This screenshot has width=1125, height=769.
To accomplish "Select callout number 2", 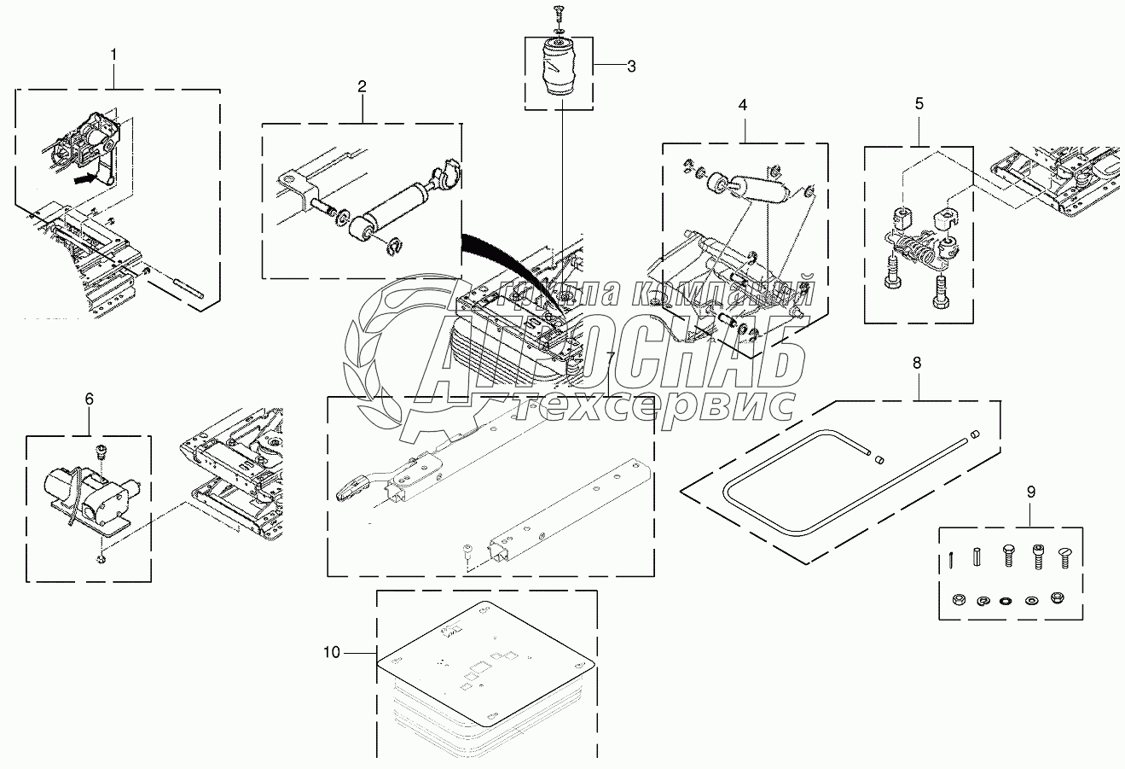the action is coord(362,86).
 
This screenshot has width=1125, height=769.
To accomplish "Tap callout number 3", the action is coord(631,67).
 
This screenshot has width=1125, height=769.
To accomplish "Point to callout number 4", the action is coord(743,105).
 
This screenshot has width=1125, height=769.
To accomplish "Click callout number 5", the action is coord(919,104).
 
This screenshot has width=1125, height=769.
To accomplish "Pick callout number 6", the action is coord(90,399).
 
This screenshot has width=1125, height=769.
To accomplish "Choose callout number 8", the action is coord(917,363).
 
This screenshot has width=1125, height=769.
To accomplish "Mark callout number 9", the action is coord(1030,492).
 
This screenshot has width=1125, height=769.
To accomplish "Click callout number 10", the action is coord(332,653).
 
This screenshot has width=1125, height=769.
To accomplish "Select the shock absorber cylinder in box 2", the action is coord(394,205).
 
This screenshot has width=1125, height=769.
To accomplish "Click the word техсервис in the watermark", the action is coord(657,405).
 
